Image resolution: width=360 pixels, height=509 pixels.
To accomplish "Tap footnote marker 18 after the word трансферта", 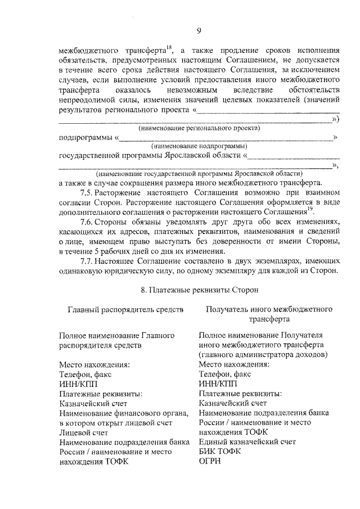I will pyautogui.click(x=168, y=46).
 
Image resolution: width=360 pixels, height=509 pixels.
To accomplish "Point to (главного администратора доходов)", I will pyautogui.click(x=263, y=355).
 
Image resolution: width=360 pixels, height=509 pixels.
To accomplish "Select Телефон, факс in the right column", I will pyautogui.click(x=225, y=374).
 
